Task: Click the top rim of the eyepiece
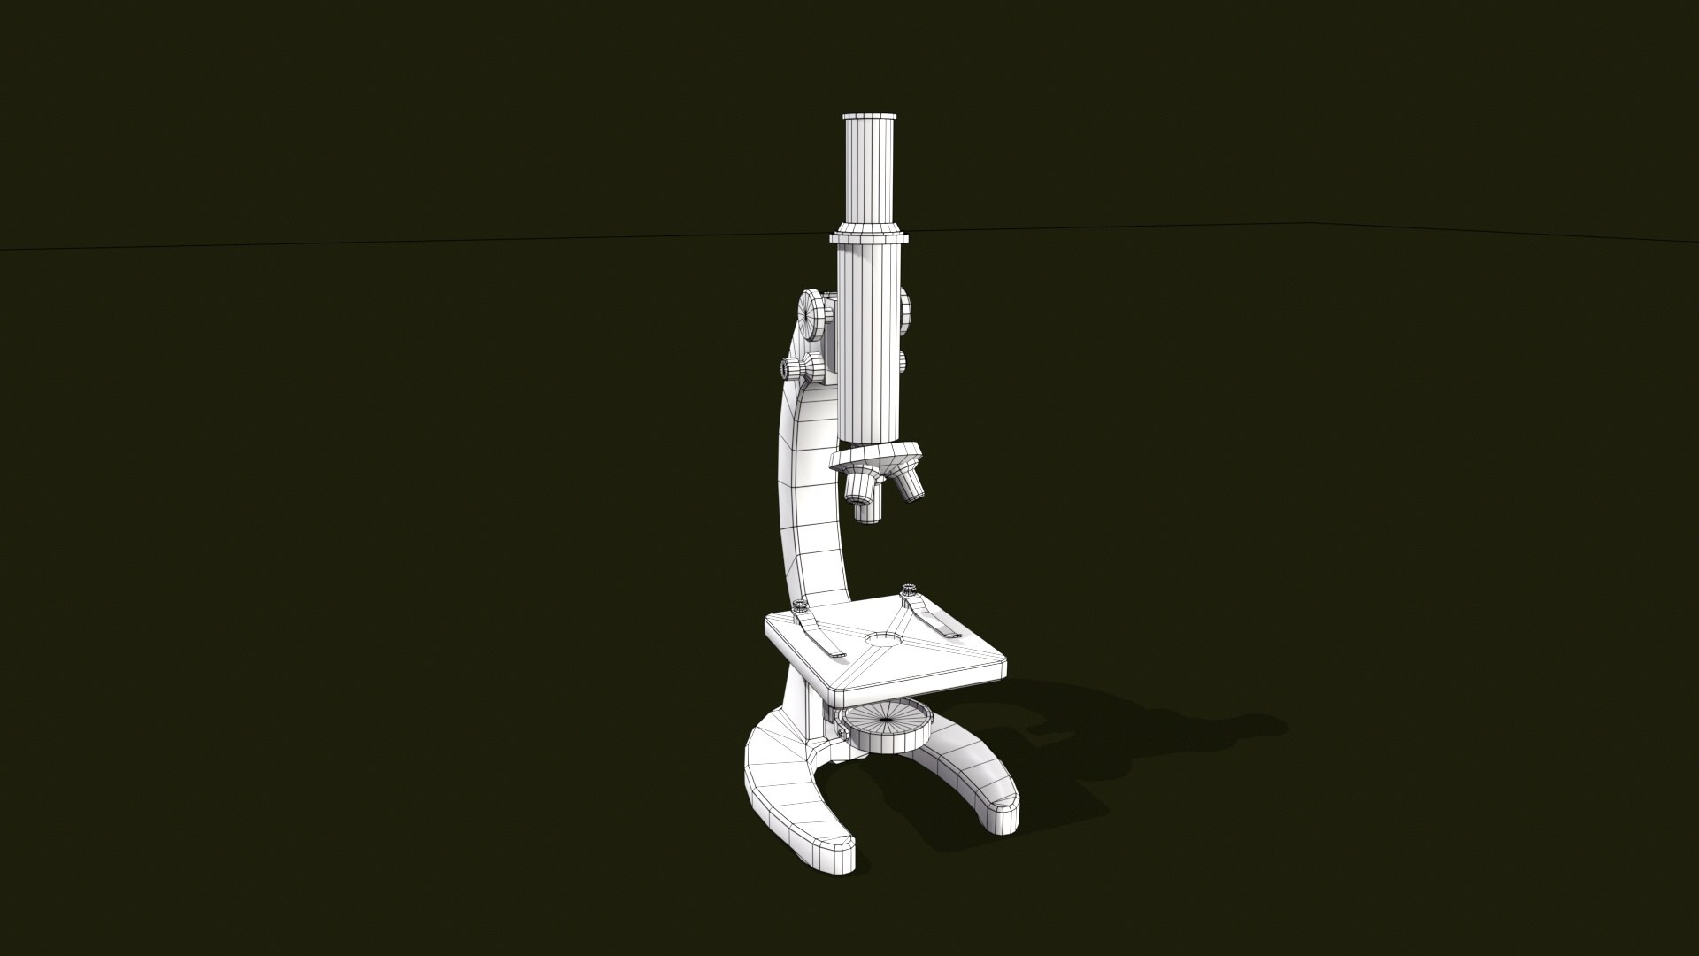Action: (x=871, y=119)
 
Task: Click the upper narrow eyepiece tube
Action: (x=871, y=177)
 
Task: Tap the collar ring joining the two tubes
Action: (x=871, y=237)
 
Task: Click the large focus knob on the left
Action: (x=813, y=313)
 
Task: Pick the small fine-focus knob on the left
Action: (x=790, y=367)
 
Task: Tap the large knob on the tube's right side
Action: (x=905, y=311)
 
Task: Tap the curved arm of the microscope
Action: (x=807, y=496)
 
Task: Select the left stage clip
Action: (x=819, y=637)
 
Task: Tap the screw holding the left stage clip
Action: (x=800, y=606)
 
